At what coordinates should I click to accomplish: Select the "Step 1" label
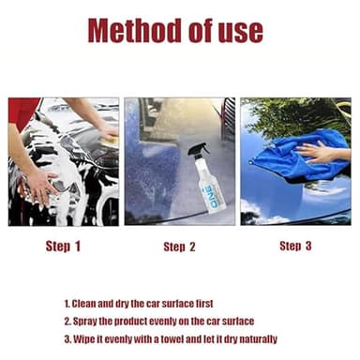point(63,247)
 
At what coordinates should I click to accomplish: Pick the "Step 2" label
point(179,247)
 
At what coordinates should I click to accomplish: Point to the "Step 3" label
point(295,246)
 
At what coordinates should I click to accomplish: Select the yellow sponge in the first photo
point(109,137)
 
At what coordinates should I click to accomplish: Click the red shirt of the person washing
point(24,112)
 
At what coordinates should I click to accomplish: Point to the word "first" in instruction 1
point(219,304)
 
